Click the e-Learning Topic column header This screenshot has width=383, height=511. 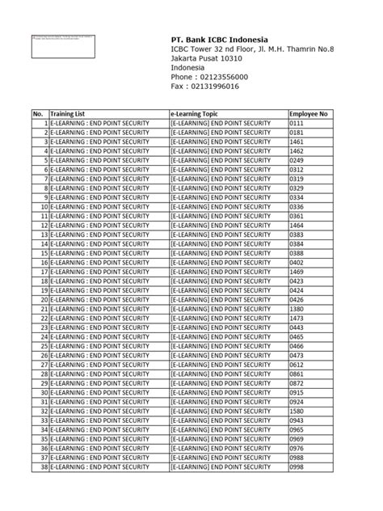point(194,114)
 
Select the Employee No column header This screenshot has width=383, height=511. point(309,114)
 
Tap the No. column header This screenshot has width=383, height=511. point(38,114)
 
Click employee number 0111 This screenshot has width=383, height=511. point(297,123)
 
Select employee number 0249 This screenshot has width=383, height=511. point(297,160)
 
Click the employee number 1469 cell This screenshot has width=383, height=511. point(297,272)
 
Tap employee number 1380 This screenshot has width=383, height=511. point(297,309)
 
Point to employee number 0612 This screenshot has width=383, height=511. point(297,365)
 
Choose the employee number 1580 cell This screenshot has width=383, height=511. point(297,411)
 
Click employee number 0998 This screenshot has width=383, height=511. point(297,467)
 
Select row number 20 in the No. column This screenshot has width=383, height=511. point(44,300)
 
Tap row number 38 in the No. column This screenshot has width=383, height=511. point(44,467)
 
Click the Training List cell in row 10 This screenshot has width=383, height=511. point(99,207)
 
